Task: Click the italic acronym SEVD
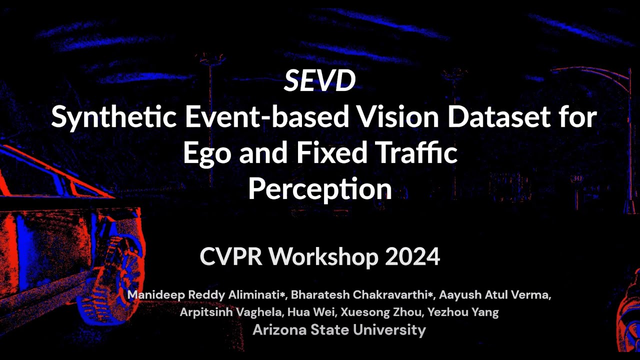pyautogui.click(x=319, y=81)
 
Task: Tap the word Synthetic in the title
pyautogui.click(x=114, y=117)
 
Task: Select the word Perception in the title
pyautogui.click(x=319, y=189)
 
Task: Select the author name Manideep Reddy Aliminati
pyautogui.click(x=205, y=295)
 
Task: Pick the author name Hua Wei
pyautogui.click(x=312, y=312)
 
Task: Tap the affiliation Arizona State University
pyautogui.click(x=339, y=330)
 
